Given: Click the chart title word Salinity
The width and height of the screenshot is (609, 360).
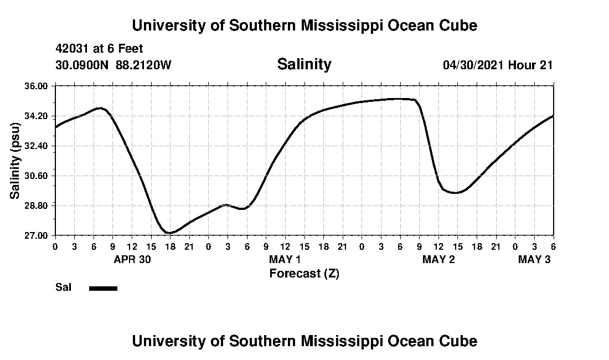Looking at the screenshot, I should (x=304, y=64).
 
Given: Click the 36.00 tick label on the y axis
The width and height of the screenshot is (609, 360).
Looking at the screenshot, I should (x=37, y=86).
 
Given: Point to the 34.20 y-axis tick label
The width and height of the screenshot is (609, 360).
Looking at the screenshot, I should (x=37, y=116).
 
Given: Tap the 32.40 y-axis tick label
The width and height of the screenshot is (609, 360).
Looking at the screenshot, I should (x=37, y=146).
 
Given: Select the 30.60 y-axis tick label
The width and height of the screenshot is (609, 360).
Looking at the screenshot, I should (x=37, y=176).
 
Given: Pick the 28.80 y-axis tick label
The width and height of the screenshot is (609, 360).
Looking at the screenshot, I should (x=37, y=206).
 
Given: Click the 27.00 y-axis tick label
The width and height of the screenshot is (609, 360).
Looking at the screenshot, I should (x=37, y=236).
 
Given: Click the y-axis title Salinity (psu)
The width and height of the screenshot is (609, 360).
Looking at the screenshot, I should (x=16, y=161).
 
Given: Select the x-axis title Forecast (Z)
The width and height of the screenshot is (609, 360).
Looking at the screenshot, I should (x=304, y=273).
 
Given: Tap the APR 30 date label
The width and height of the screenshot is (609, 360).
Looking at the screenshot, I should (x=133, y=259).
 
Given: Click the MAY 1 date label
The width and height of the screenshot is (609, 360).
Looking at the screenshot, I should (x=285, y=259).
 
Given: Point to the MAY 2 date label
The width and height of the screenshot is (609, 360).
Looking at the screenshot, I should (x=438, y=259).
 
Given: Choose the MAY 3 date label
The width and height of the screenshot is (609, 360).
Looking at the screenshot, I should (x=534, y=259).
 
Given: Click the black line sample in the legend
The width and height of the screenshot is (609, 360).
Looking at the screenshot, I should (x=103, y=288).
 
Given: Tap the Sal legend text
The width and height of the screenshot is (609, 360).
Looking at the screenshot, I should (x=62, y=287).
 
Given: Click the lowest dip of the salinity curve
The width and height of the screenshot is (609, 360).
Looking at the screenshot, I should (x=170, y=233).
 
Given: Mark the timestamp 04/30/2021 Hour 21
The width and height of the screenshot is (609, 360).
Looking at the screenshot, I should (x=498, y=65).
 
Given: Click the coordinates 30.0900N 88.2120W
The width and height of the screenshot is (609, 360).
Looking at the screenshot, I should (x=113, y=65).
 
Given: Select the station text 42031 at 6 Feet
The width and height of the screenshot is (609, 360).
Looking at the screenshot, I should (x=99, y=49).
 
